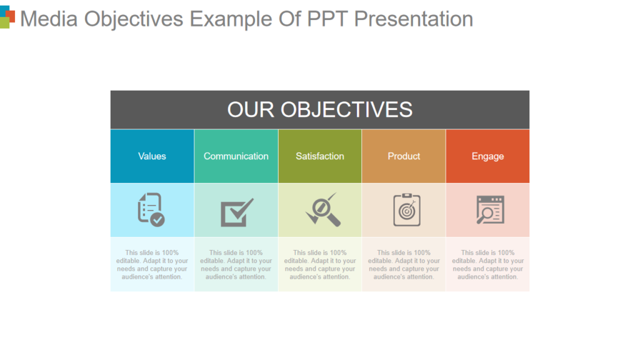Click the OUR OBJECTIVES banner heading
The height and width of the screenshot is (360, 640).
319,109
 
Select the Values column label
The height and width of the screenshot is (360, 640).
152,156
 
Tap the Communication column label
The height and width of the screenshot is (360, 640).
236,156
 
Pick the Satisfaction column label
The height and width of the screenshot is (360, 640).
320,156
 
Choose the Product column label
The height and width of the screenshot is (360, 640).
404,156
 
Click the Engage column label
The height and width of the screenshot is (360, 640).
487,156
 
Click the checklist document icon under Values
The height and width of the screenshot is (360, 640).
151,209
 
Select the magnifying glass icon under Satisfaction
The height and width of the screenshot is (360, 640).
322,209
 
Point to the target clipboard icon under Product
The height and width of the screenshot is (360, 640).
406,210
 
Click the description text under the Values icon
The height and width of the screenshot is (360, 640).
152,264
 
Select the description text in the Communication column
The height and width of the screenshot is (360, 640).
236,264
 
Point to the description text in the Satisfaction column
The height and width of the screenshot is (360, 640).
320,264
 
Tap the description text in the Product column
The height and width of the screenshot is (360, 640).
404,264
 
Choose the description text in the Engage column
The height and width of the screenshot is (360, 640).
487,264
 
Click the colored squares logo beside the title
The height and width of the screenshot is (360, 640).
7,17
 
